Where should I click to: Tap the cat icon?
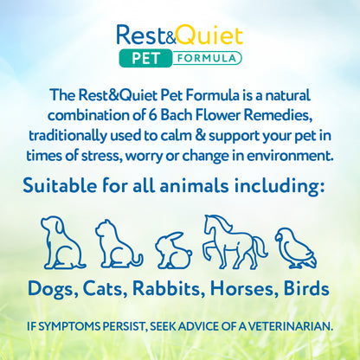click(119, 245)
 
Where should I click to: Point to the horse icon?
click(232, 241)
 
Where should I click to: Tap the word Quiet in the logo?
click(211, 36)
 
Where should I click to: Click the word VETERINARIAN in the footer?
click(281, 328)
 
